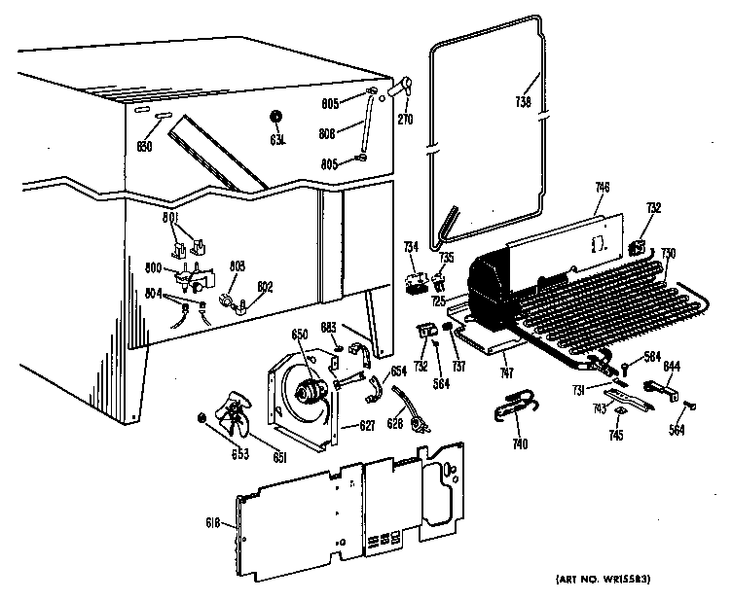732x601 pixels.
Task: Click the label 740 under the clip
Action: pyautogui.click(x=520, y=444)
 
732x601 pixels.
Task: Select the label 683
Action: pyautogui.click(x=328, y=327)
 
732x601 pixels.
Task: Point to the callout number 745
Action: pyautogui.click(x=617, y=435)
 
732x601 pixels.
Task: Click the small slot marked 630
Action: pyautogui.click(x=162, y=115)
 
